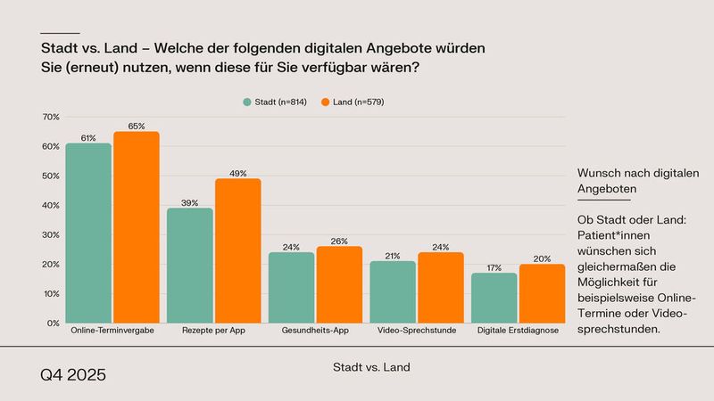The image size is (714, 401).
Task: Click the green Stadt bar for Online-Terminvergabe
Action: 88,233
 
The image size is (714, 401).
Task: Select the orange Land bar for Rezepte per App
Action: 237,250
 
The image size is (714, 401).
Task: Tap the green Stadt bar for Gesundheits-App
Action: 291,287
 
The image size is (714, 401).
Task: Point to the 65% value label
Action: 136,127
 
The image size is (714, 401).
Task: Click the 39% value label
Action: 189,203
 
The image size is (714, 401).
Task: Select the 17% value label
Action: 494,267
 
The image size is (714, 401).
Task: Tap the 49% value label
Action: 237,174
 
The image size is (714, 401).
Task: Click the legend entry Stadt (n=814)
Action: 275,102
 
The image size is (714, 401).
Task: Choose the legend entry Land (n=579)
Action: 352,102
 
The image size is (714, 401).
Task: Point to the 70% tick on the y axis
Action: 51,117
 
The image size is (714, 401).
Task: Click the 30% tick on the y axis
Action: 51,234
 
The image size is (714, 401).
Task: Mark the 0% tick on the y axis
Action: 53,323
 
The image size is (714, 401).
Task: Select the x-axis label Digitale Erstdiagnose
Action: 517,331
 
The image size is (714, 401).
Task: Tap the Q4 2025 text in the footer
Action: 72,375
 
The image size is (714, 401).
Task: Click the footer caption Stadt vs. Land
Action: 370,366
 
